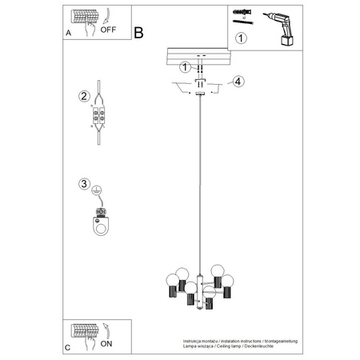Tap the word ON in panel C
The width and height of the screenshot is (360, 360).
(x=106, y=342)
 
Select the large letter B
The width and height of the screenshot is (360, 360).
(x=138, y=33)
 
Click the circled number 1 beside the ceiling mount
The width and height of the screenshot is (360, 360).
(x=186, y=67)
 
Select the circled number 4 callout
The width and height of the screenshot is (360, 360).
(x=237, y=81)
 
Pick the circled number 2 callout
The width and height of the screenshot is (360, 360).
(x=84, y=98)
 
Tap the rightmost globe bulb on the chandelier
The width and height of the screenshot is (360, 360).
(x=230, y=281)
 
